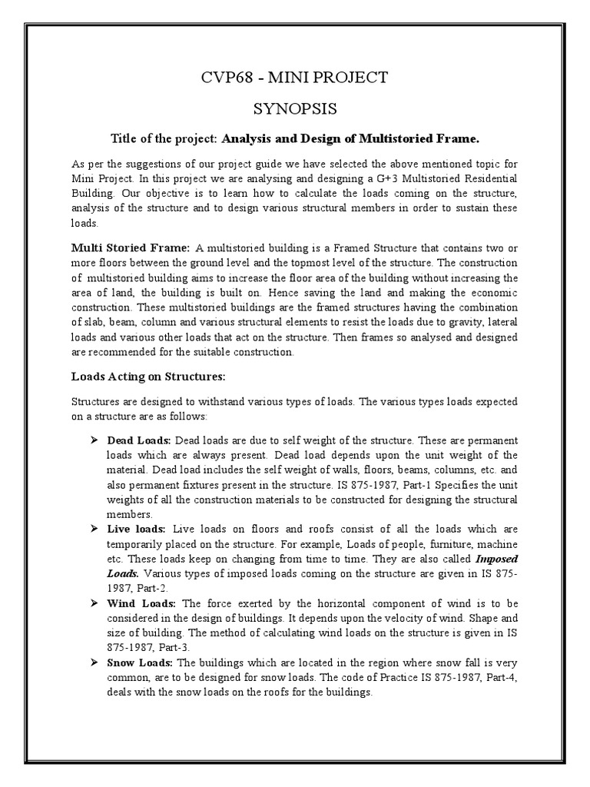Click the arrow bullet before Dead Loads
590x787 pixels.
coord(97,440)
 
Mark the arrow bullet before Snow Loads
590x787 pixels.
coord(97,664)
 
